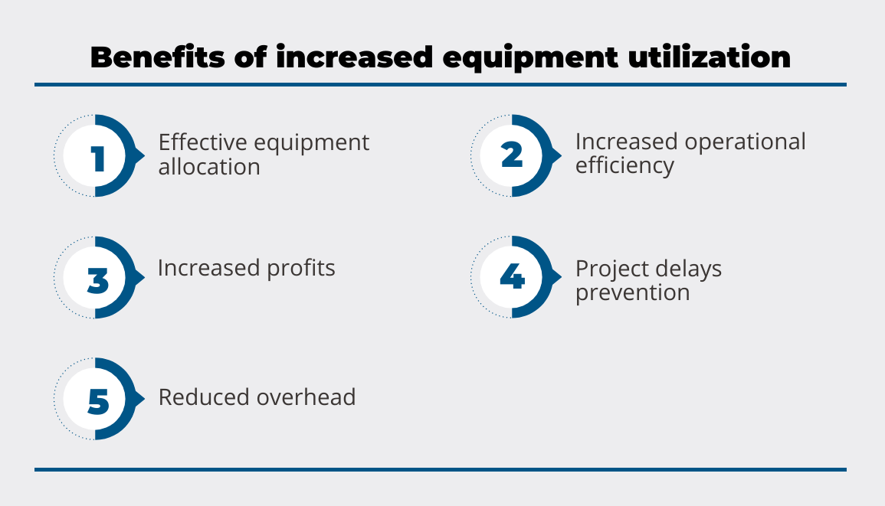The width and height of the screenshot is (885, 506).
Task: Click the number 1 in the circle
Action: click(x=99, y=158)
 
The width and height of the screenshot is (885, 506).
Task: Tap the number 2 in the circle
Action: click(x=512, y=155)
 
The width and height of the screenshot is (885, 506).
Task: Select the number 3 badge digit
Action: click(x=98, y=280)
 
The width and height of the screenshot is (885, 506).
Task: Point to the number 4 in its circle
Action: click(x=513, y=276)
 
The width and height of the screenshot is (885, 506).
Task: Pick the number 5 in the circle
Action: click(x=99, y=402)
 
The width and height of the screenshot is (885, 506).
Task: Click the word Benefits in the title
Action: click(x=158, y=57)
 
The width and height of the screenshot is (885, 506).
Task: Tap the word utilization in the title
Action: click(x=709, y=57)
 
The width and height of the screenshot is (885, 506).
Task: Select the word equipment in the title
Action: click(x=530, y=59)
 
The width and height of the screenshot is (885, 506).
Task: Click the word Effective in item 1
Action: click(x=202, y=142)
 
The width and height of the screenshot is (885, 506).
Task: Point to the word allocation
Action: click(x=209, y=167)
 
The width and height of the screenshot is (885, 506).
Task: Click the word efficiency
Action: click(x=624, y=166)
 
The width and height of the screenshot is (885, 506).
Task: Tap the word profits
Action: click(x=301, y=269)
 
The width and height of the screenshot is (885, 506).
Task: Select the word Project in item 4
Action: click(x=609, y=269)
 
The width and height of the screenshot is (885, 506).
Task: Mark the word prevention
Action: click(x=633, y=293)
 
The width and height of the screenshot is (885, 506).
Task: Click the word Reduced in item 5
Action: click(x=204, y=397)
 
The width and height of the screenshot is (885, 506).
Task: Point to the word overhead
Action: click(x=306, y=397)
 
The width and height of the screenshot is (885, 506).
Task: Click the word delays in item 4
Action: click(x=685, y=269)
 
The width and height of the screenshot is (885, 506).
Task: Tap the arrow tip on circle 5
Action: click(x=145, y=399)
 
